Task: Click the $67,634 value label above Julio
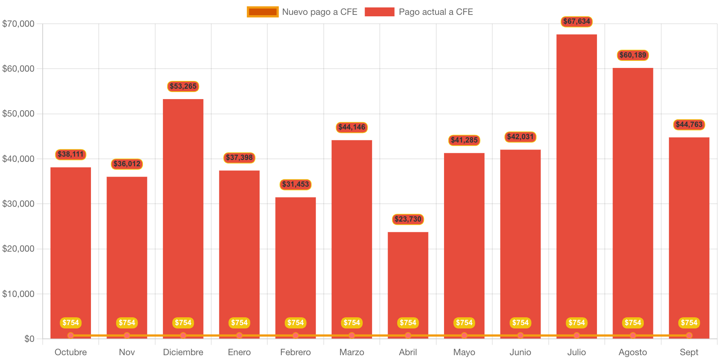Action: click(577, 22)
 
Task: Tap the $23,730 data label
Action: click(408, 219)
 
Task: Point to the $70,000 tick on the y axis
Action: click(18, 24)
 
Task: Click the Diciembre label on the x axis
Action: click(183, 352)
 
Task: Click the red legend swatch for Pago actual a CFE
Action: click(379, 12)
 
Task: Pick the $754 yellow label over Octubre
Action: click(71, 323)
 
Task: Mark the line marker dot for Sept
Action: click(689, 336)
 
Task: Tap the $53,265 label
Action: click(183, 86)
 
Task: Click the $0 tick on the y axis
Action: click(29, 338)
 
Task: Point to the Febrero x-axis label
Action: click(296, 352)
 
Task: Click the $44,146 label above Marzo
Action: click(352, 127)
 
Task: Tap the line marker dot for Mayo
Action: click(464, 336)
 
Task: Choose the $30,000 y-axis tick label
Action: click(18, 204)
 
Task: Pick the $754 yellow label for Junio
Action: click(520, 323)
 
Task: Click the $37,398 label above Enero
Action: click(239, 158)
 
